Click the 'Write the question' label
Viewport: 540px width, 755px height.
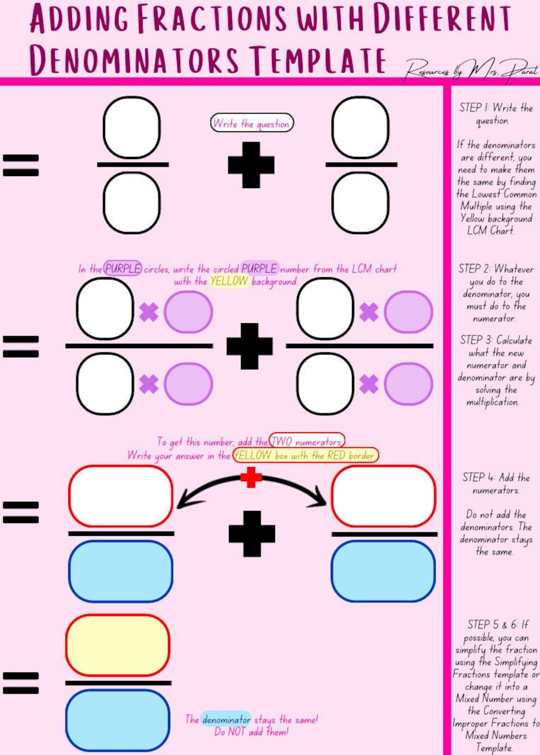(251, 123)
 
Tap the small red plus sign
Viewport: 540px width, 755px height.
(251, 477)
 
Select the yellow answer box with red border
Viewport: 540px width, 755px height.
(117, 645)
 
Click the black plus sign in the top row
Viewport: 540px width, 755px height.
(251, 165)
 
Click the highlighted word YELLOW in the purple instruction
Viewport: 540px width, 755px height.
(229, 281)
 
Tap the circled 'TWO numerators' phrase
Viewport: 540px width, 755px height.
(307, 441)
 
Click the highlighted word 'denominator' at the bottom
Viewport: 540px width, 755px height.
(226, 719)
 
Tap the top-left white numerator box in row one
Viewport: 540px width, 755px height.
(131, 128)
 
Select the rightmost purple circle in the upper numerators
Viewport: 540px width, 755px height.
(408, 312)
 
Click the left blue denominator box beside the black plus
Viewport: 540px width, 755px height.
(120, 570)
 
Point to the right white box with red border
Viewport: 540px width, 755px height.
(383, 496)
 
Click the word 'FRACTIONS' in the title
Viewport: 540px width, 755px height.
(212, 18)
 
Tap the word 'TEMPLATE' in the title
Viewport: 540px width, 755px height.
(318, 60)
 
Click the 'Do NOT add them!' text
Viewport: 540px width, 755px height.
(251, 731)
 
